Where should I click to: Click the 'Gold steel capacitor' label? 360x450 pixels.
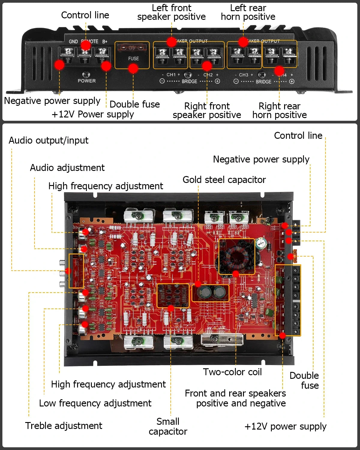[x=224, y=180]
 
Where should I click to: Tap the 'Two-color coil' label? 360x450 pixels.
[x=232, y=372]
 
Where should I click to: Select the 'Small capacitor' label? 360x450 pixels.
[x=168, y=426]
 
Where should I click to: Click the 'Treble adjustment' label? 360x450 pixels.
[x=64, y=426]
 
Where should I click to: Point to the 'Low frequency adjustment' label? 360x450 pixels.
[x=95, y=403]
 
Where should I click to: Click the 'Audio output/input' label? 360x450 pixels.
[x=48, y=140]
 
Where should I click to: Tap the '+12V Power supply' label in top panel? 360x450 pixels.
[x=93, y=114]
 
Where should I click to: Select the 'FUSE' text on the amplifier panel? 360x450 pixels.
[x=133, y=59]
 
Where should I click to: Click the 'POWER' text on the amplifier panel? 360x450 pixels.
[x=87, y=81]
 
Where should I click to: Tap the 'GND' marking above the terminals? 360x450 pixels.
[x=73, y=41]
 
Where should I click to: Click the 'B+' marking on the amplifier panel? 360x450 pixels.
[x=105, y=41]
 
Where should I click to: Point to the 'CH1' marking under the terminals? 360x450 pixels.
[x=171, y=74]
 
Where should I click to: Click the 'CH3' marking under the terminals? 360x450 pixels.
[x=244, y=75]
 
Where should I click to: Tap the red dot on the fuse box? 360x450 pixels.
[x=133, y=69]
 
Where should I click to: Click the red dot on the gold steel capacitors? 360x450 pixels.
[x=198, y=284]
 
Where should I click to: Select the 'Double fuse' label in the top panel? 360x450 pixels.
[x=134, y=104]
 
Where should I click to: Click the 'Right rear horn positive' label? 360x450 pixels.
[x=279, y=110]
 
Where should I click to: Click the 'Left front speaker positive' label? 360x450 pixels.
[x=171, y=12]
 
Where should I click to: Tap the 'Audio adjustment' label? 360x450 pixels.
[x=67, y=168]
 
